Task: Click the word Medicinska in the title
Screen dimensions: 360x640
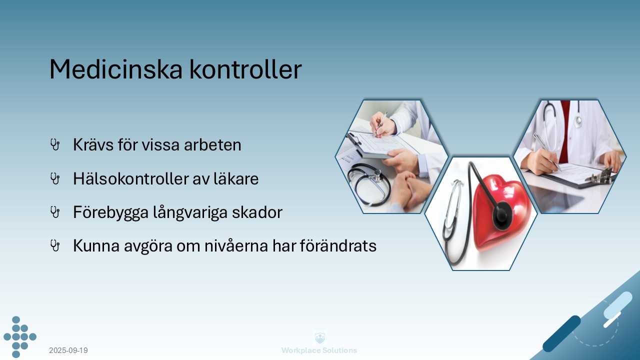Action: click(x=116, y=69)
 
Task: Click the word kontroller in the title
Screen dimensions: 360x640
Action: click(x=245, y=69)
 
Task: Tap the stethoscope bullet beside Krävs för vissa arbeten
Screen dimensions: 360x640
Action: click(x=55, y=145)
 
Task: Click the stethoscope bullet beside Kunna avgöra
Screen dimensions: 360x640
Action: click(x=55, y=245)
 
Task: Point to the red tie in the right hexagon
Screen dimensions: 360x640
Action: click(x=565, y=130)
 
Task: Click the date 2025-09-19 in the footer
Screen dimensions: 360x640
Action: click(x=68, y=350)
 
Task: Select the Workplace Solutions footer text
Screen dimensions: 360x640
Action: click(x=319, y=350)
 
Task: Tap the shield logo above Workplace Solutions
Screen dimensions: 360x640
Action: click(x=319, y=337)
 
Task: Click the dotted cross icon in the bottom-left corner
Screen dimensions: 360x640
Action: click(x=19, y=337)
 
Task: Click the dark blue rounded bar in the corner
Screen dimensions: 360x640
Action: click(x=561, y=333)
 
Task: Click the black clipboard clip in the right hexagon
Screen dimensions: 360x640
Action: click(x=602, y=176)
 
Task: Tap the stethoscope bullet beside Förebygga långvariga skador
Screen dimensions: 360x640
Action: click(x=55, y=212)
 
